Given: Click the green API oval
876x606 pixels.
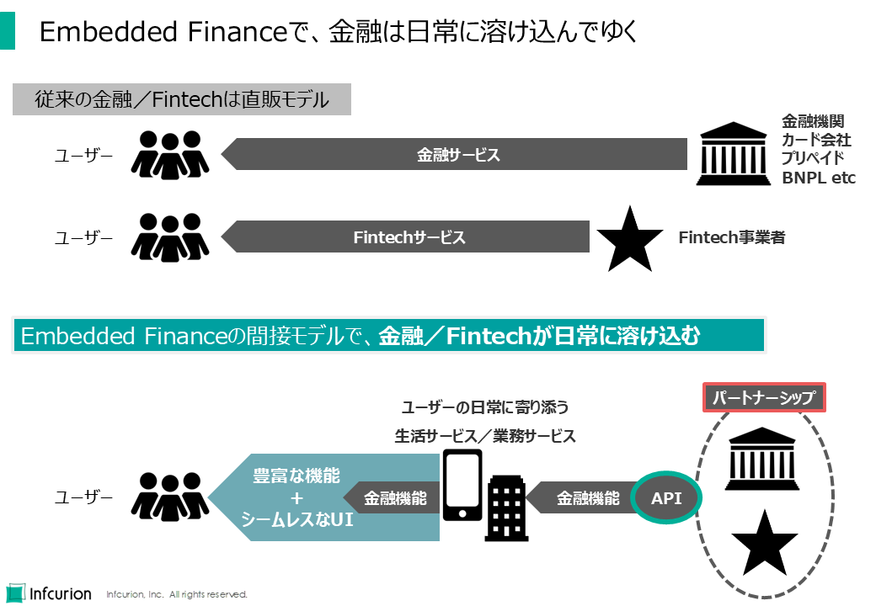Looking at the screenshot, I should [666, 497].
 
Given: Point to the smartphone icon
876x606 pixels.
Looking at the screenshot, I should [462, 485].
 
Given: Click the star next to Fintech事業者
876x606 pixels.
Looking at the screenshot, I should [629, 237].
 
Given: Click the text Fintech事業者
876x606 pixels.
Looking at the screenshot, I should [731, 238].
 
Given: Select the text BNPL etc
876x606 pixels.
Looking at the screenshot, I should [818, 178].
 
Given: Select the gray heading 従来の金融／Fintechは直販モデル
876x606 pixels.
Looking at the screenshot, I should [182, 100].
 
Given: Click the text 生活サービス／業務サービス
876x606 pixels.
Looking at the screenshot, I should [485, 436].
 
